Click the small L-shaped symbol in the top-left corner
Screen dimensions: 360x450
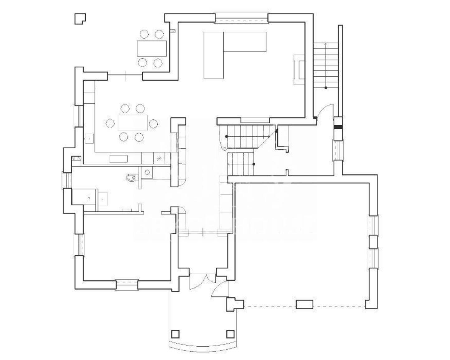coord(80,18)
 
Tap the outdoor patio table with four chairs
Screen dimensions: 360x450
coord(152,48)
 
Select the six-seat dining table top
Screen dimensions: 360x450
coord(132,123)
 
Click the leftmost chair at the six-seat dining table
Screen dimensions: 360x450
coord(110,123)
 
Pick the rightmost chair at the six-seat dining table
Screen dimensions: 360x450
coord(153,123)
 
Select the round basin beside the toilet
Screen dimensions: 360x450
coord(147,172)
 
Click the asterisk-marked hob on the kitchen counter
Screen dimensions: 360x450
coord(160,158)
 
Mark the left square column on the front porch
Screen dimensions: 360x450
coord(175,334)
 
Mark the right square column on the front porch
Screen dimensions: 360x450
coord(230,334)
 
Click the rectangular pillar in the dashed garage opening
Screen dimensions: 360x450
coord(304,304)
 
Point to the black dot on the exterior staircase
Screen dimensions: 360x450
coord(326,88)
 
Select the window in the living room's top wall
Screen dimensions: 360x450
coord(241,18)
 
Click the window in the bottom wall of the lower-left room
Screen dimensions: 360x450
coord(127,285)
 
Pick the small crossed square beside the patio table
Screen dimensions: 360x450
coord(173,31)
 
